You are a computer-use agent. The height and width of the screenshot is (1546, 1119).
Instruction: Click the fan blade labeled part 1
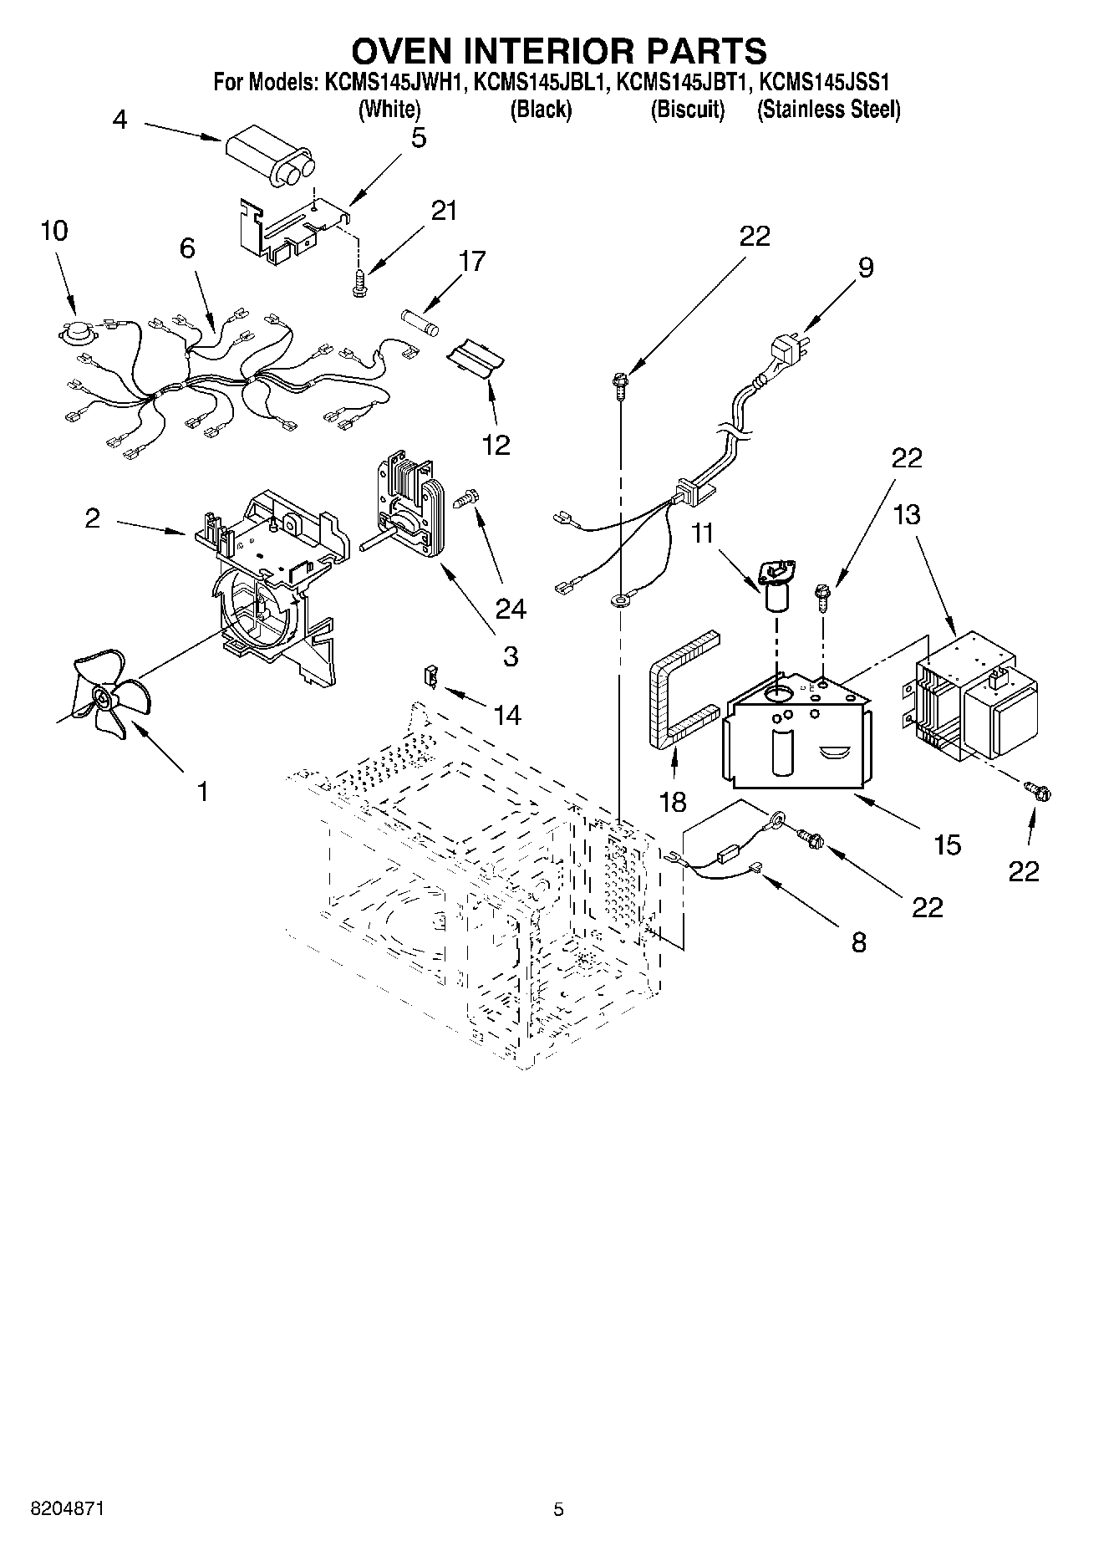[104, 696]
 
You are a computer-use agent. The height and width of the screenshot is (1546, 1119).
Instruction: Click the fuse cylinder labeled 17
[421, 320]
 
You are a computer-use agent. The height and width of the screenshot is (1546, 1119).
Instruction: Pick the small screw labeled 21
[359, 281]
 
